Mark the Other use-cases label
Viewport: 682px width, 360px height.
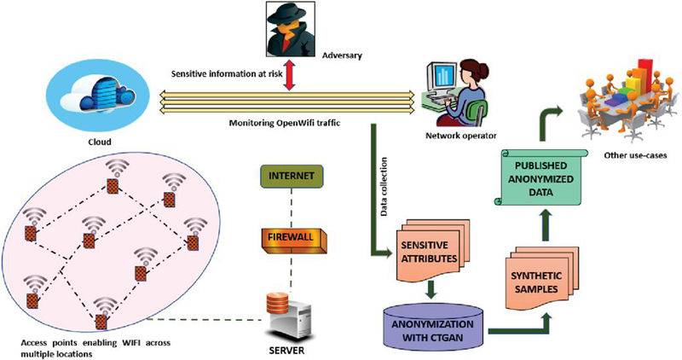629,154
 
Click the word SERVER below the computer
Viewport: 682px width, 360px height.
287,349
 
